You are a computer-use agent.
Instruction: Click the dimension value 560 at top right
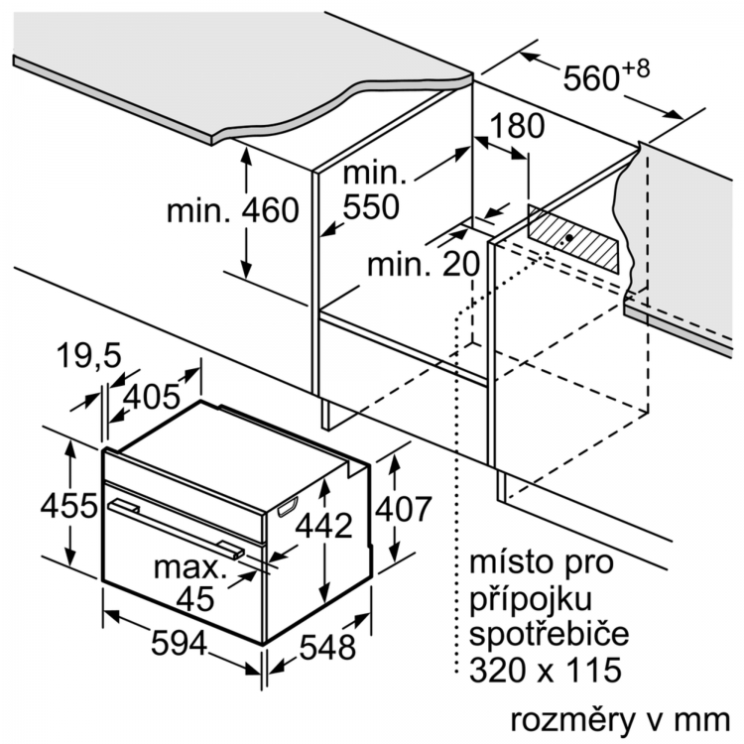592,78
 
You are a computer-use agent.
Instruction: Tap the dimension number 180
517,126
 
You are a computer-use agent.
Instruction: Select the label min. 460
232,210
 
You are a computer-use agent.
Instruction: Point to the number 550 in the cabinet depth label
370,206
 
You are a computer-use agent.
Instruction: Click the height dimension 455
68,506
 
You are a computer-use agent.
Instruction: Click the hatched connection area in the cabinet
571,237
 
